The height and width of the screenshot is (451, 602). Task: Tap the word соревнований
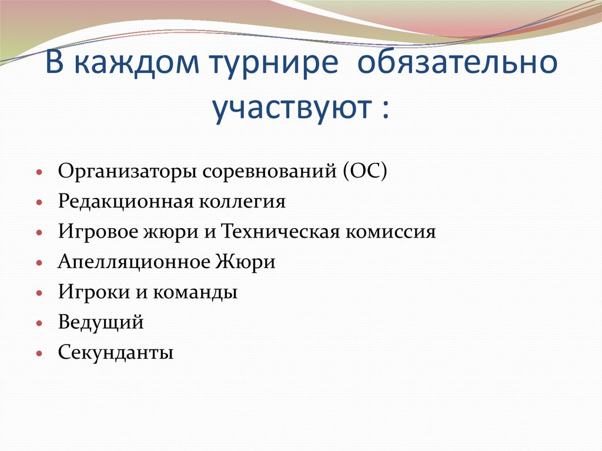point(267,172)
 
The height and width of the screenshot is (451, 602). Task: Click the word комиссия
point(388,232)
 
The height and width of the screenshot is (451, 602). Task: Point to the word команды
point(196,292)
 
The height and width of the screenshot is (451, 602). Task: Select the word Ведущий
point(101,322)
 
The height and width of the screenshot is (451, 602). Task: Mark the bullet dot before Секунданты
point(39,353)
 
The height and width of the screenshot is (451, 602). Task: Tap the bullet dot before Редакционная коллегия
point(39,203)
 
